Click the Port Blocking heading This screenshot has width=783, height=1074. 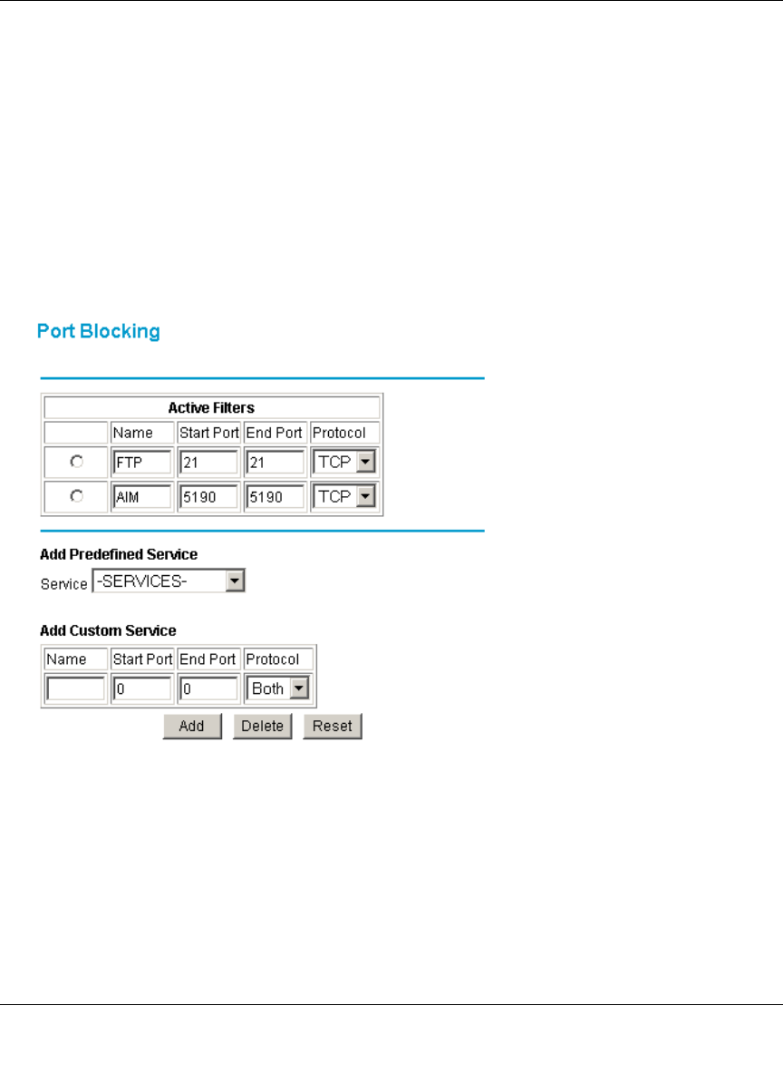coord(98,332)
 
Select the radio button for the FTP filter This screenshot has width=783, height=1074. coord(77,463)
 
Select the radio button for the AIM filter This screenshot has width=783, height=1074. coord(77,496)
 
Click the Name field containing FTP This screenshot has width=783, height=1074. coord(141,463)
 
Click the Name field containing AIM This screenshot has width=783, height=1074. coord(141,496)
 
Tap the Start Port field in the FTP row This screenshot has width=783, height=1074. coord(208,463)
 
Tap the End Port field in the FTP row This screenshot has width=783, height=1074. coord(275,463)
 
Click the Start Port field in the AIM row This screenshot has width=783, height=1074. coord(208,496)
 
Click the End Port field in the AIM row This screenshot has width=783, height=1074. coord(275,496)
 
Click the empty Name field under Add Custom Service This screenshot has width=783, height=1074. coord(75,689)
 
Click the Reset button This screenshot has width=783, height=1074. coord(332,726)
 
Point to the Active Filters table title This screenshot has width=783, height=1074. coord(211,408)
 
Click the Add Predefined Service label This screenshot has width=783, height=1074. coord(119,554)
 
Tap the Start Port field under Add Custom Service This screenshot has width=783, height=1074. coord(142,689)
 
